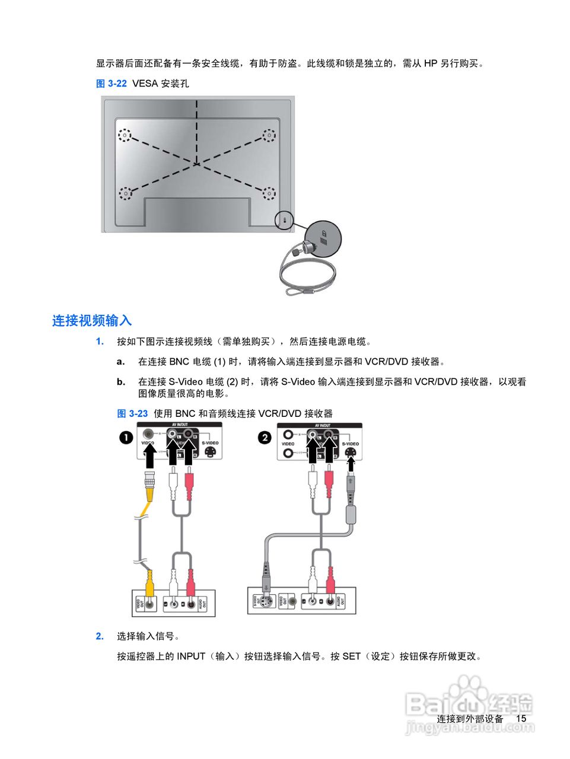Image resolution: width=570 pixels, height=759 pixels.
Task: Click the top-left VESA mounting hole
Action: point(124,135)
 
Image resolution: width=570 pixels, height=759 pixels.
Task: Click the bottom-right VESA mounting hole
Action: point(269,193)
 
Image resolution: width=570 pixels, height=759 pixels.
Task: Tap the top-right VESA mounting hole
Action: point(269,135)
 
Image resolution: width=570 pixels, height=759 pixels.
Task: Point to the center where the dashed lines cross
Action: point(196,164)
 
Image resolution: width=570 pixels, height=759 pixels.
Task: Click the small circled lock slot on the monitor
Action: point(285,220)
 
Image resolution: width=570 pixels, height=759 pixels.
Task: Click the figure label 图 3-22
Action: point(112,84)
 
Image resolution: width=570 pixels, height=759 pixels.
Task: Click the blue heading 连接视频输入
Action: point(92,321)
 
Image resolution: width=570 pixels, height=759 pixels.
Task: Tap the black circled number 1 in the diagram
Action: point(126,438)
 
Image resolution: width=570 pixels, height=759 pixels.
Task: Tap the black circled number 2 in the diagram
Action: point(265,438)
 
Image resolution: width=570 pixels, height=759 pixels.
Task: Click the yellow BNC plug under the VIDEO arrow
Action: point(150,486)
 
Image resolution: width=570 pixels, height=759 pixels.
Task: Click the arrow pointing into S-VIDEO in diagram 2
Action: point(351,464)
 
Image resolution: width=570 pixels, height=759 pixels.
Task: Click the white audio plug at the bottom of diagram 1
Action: point(173,582)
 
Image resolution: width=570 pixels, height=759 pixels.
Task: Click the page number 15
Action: point(521,718)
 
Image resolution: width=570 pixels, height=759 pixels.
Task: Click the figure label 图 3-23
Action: point(132,414)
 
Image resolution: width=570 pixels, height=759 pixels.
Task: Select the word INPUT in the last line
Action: point(191,656)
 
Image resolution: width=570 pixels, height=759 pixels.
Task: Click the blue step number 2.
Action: point(100,636)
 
